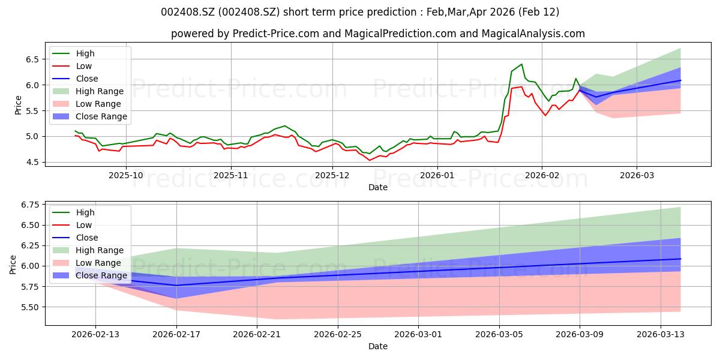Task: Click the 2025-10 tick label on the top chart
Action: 126,175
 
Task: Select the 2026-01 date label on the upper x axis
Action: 437,175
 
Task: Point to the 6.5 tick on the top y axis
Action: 32,59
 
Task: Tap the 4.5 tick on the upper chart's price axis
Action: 32,163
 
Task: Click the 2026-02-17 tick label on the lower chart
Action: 176,334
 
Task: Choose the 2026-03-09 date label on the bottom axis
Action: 580,334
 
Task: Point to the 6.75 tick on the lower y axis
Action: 30,205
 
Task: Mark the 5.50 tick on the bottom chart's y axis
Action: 30,307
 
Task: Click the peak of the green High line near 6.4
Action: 521,64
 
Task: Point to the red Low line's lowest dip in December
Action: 370,160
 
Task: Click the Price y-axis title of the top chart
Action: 18,105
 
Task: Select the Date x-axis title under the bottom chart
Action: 377,346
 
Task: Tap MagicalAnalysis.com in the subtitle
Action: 533,34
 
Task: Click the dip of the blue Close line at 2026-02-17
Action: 176,285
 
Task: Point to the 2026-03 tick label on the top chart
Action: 637,175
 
